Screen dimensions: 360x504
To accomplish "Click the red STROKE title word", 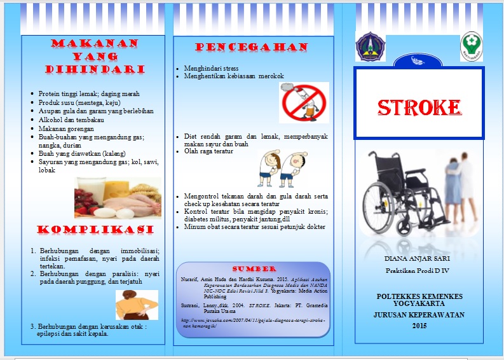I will [x=419, y=107].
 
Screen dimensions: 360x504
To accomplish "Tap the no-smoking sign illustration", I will [x=304, y=102].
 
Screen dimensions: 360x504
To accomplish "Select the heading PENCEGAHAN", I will [x=252, y=48].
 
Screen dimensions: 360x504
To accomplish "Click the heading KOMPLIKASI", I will [x=95, y=230].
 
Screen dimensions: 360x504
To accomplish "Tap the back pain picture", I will [x=137, y=305].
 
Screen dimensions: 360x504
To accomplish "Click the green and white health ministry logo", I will [x=471, y=47].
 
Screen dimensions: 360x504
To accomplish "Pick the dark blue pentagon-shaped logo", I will [x=369, y=47].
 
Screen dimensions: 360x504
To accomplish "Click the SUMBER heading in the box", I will [x=254, y=269].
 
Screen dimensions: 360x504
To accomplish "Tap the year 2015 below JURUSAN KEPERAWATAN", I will [x=419, y=326].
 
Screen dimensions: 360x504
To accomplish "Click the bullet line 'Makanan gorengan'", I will [x=65, y=128].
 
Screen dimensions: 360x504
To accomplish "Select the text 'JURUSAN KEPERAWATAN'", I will [x=419, y=315].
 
